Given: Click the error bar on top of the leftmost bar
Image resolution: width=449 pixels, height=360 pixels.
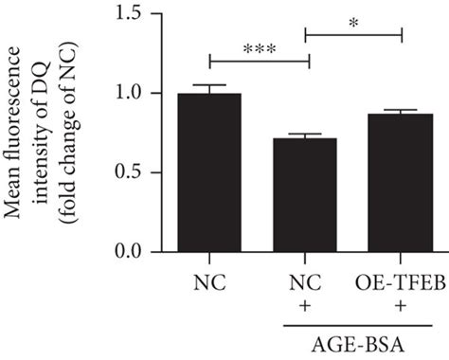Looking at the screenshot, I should point(210,88).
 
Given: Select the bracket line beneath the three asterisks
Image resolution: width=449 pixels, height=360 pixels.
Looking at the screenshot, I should point(260,63).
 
